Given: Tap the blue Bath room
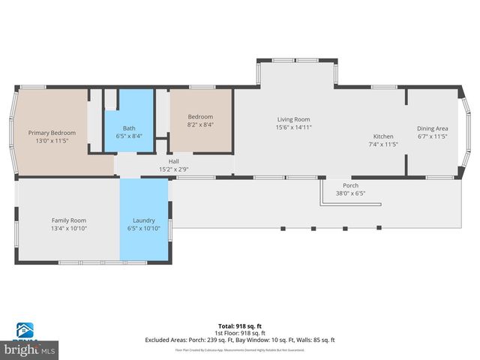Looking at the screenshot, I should [x=129, y=120].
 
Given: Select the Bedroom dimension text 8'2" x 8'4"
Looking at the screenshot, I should [x=200, y=125].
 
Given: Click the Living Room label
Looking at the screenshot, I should [x=293, y=119].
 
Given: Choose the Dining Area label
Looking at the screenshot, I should [x=432, y=128].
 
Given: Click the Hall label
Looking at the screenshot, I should [x=173, y=160].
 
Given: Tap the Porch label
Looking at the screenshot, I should [x=350, y=185].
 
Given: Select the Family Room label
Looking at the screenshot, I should [x=69, y=220].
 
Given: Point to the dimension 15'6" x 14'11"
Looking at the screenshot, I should [x=293, y=127].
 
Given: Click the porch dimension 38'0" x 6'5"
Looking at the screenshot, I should [x=350, y=193].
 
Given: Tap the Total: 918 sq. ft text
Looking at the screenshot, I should [x=240, y=326].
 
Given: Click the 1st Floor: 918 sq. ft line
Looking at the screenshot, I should [x=240, y=333].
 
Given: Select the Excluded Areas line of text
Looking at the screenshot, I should [x=240, y=340].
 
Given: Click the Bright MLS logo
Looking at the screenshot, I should [x=30, y=343].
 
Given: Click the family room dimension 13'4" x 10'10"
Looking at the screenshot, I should [x=69, y=228].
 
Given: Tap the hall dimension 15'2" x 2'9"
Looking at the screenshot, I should [x=173, y=169].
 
